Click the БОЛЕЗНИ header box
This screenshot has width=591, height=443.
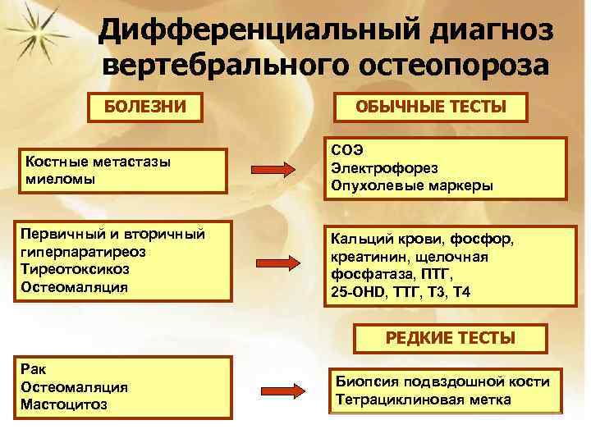click(x=150, y=107)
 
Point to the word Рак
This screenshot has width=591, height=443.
click(x=38, y=370)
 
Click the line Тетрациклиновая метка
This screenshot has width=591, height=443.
click(x=423, y=400)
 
